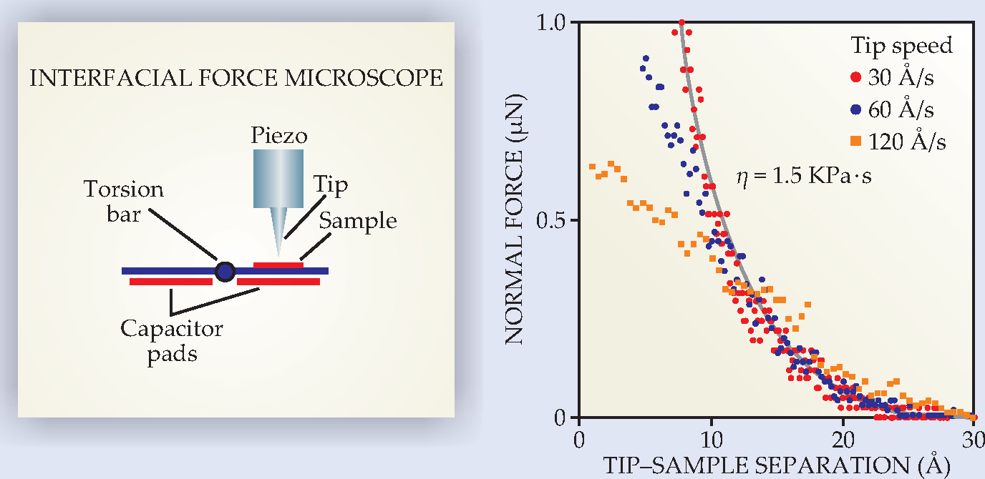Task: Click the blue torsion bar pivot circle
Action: [x=225, y=271]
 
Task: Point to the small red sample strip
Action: [x=278, y=265]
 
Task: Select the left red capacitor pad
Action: [x=171, y=282]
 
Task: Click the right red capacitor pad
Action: [x=278, y=282]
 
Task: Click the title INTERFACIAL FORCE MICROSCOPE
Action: [x=236, y=78]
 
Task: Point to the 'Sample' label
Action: [x=358, y=221]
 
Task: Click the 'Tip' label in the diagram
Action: [x=331, y=186]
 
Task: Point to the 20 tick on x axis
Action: [x=843, y=436]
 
